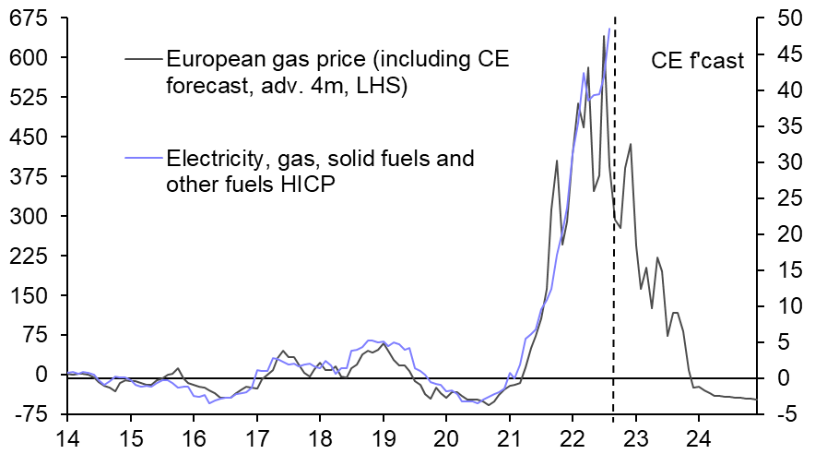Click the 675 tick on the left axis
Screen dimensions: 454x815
point(29,18)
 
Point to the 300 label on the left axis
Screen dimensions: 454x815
point(29,216)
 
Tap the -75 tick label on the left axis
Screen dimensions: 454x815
point(29,414)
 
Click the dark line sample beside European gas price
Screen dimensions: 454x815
point(143,62)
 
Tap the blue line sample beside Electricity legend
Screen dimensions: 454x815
point(143,159)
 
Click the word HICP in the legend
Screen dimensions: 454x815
point(311,184)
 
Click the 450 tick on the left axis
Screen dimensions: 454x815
point(29,137)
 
